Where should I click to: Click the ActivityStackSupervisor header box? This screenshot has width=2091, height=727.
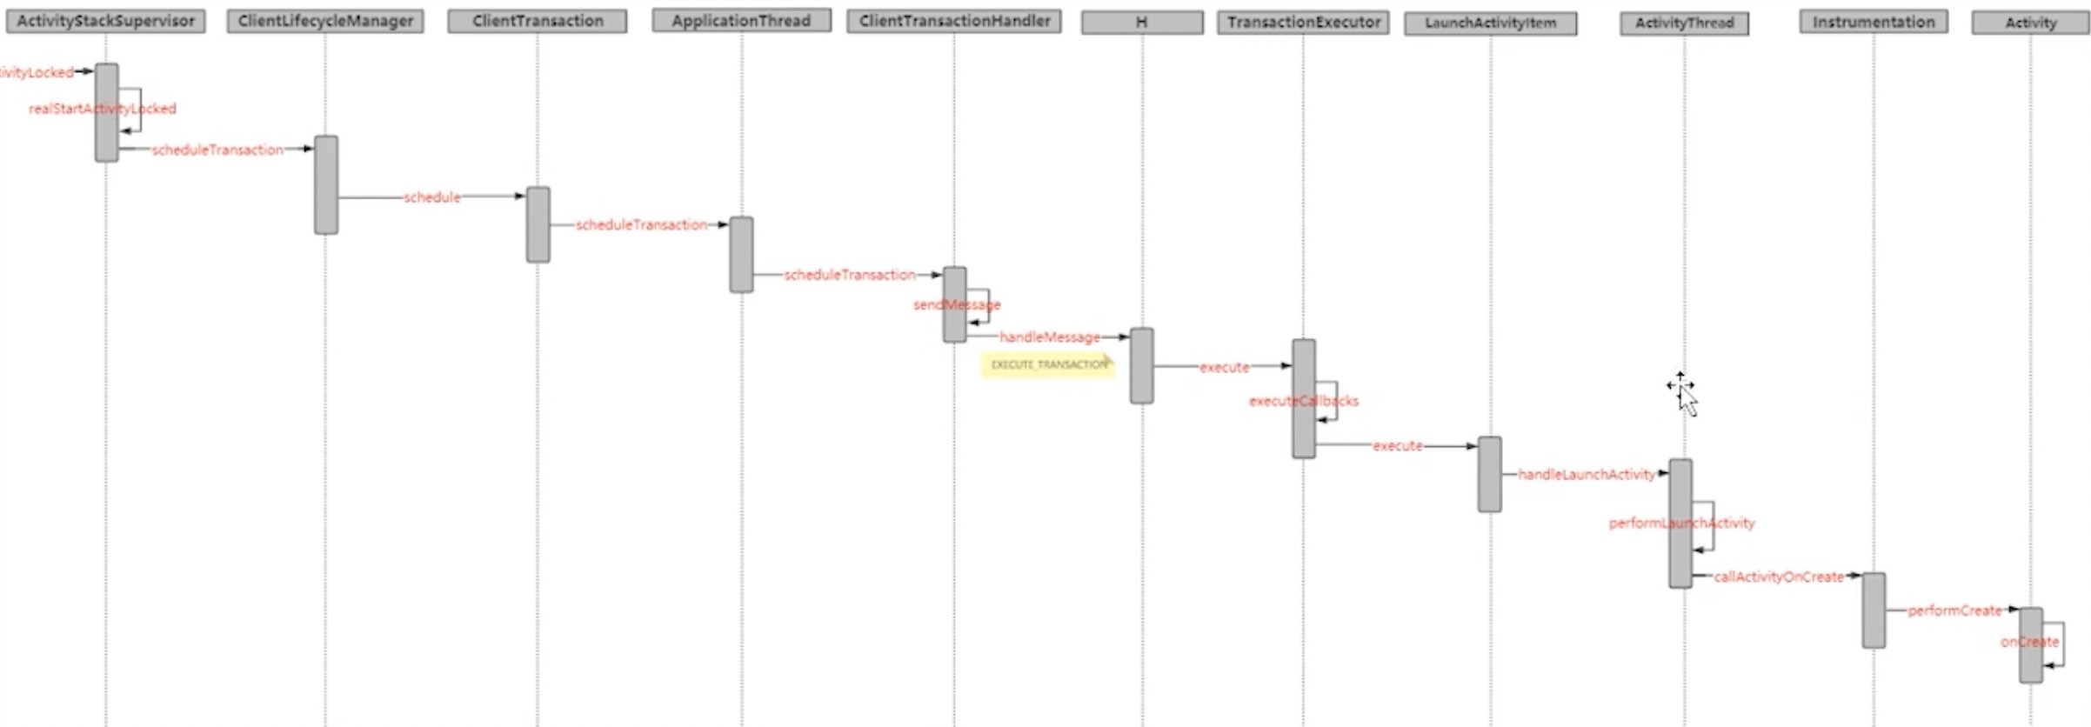105,21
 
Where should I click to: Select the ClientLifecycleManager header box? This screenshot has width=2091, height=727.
325,21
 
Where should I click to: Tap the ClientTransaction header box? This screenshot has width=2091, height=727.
538,21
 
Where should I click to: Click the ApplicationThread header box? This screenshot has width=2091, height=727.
741,20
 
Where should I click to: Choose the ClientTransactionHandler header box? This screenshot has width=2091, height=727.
954,20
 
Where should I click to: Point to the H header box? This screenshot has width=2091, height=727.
1142,23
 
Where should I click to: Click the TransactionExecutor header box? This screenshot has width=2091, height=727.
1303,23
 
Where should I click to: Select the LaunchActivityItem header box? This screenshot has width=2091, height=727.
1490,23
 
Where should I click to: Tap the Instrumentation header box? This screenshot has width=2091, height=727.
1874,22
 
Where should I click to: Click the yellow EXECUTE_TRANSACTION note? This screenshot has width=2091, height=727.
1048,364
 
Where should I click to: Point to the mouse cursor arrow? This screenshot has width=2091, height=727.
1687,399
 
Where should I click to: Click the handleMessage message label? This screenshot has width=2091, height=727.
1049,337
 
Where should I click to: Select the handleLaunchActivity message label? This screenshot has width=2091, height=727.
1587,474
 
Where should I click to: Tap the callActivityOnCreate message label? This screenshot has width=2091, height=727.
1778,577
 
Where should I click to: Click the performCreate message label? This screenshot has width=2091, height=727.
1954,610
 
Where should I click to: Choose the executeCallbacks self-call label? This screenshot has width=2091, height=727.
1303,401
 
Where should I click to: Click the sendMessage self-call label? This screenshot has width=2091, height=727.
956,304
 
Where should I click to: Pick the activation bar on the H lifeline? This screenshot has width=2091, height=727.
1142,366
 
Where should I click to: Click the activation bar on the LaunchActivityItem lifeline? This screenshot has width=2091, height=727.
1490,474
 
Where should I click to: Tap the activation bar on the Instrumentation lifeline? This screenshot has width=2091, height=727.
1874,610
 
